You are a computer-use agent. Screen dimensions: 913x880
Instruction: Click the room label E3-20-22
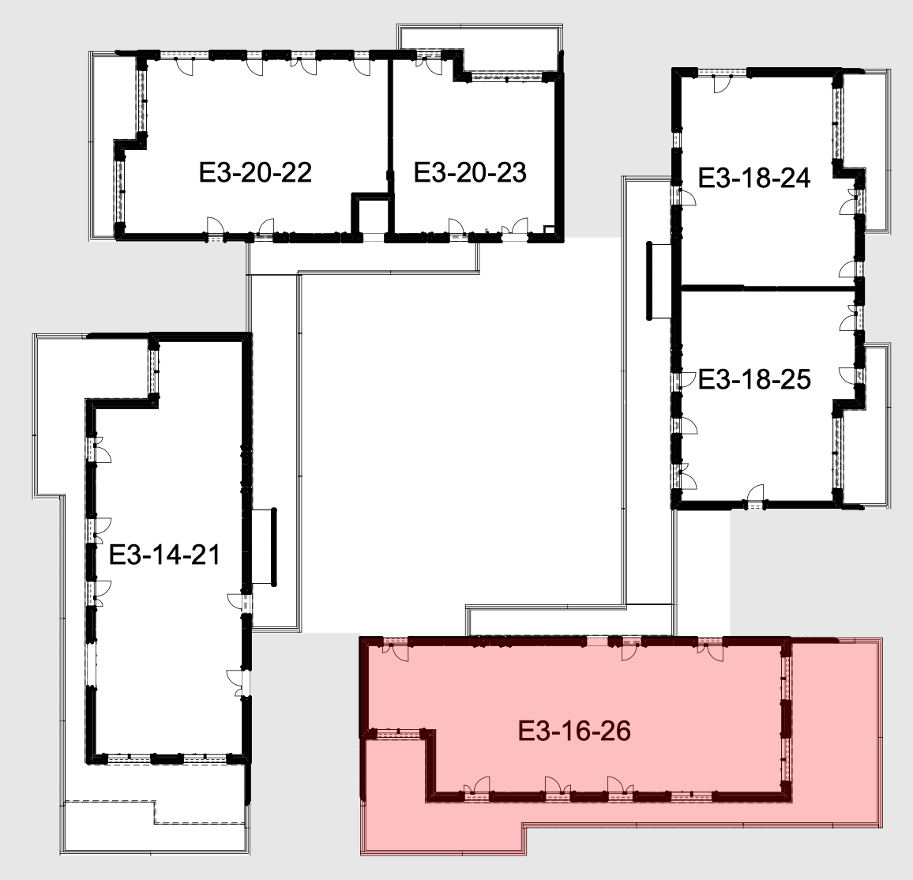(x=255, y=172)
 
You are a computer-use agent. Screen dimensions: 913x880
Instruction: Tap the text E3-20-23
(x=470, y=172)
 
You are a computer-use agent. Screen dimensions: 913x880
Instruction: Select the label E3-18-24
(x=754, y=179)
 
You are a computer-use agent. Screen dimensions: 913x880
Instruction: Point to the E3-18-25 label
(x=754, y=379)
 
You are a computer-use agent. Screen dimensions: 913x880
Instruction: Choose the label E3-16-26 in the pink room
(x=574, y=731)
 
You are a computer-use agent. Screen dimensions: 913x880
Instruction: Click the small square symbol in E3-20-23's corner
(x=548, y=229)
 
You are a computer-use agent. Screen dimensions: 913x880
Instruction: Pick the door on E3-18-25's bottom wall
(x=755, y=492)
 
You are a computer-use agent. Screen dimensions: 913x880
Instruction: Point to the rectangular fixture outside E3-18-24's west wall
(x=659, y=280)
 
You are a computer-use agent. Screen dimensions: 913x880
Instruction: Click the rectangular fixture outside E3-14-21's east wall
(x=264, y=547)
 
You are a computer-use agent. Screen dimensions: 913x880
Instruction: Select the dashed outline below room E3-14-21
(x=154, y=812)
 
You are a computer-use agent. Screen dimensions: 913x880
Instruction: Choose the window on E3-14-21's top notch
(x=154, y=370)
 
